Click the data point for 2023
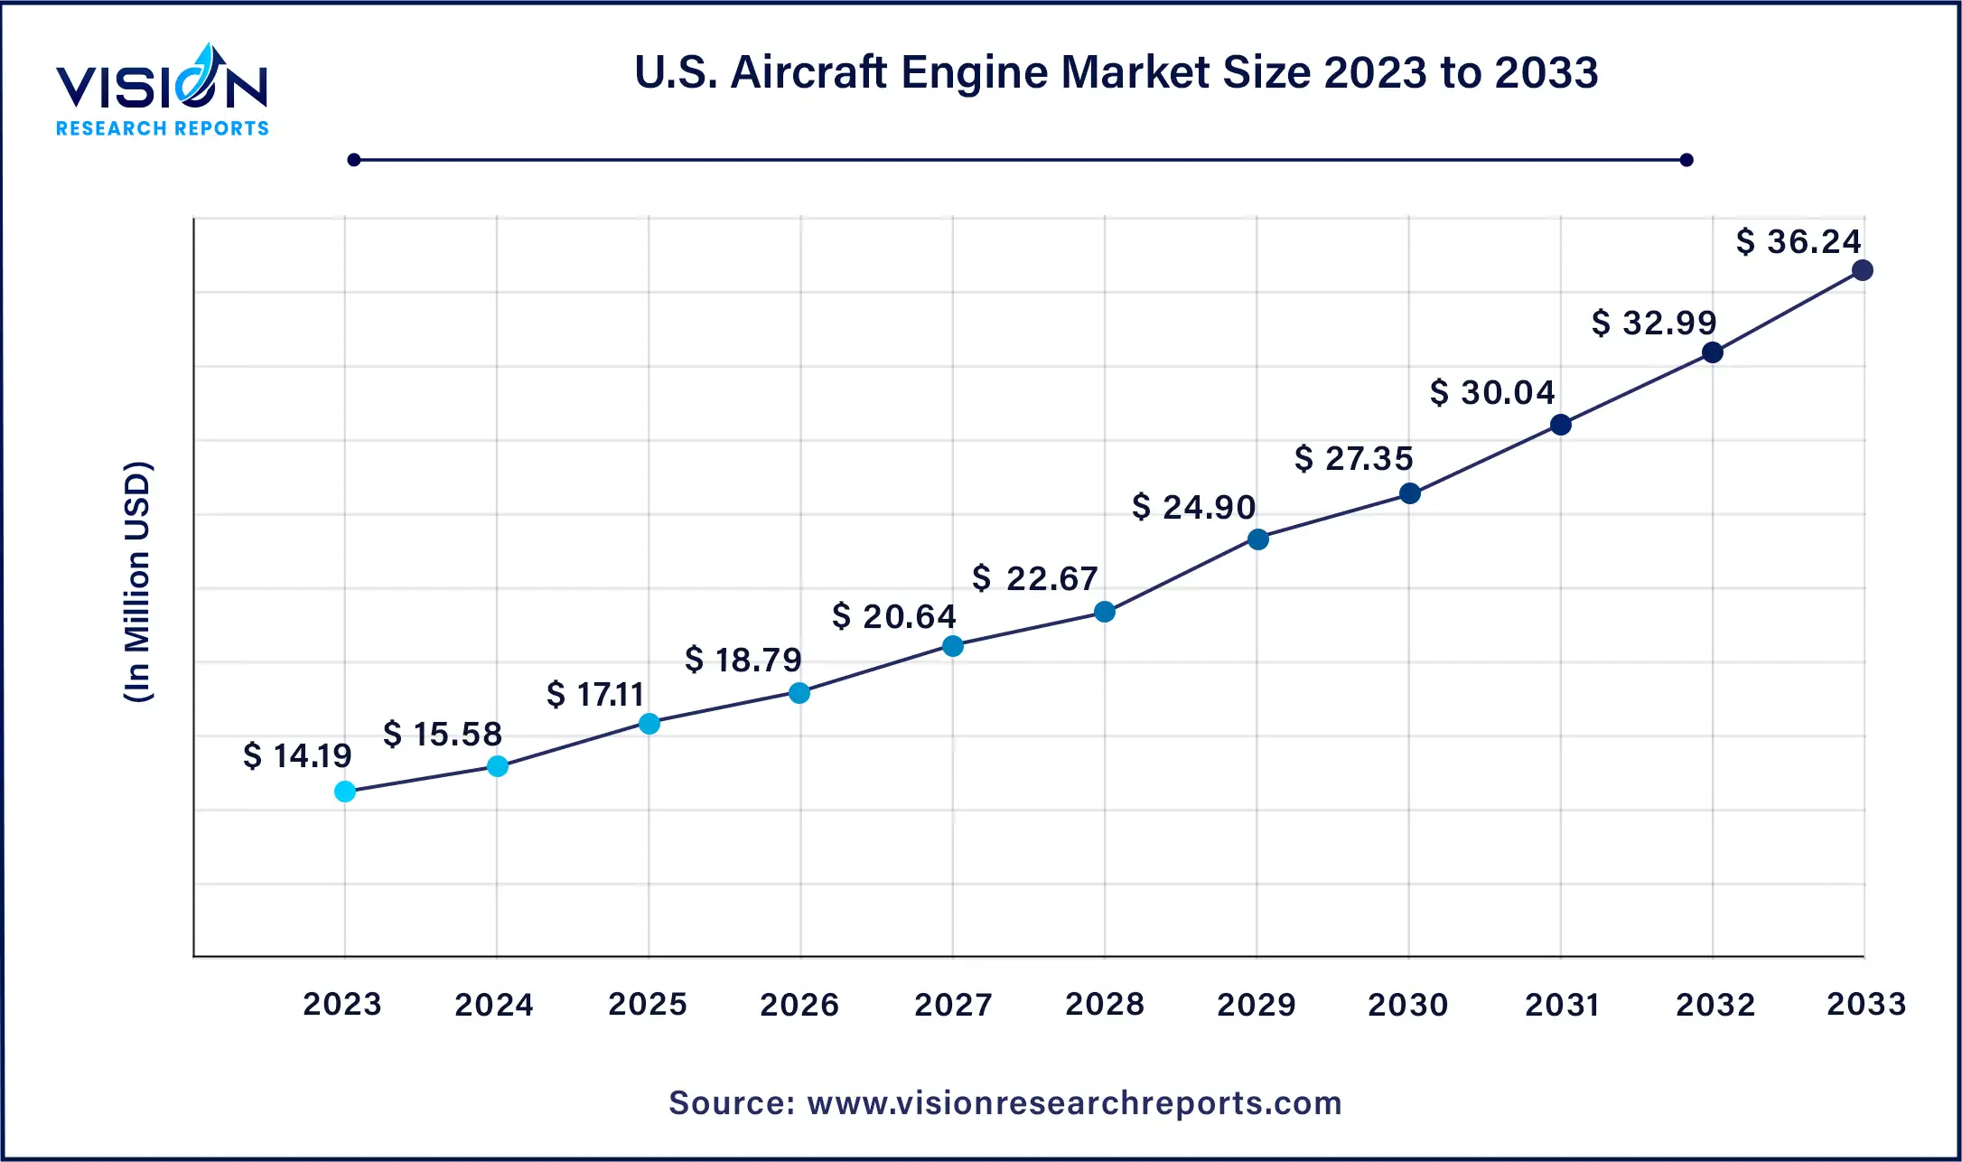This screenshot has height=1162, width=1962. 345,792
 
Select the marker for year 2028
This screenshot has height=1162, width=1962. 1105,612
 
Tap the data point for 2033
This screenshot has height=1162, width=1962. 1862,270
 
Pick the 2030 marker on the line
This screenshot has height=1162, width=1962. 1409,493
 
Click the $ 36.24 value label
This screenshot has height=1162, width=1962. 1798,241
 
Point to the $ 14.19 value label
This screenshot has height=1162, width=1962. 297,755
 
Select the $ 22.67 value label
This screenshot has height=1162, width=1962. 1034,578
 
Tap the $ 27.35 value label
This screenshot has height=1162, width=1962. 1353,458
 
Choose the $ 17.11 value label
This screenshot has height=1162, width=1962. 595,694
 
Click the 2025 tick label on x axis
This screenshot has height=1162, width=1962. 648,1004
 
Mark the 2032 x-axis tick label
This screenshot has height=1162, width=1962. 1715,1004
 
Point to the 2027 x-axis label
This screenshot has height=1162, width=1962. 953,1004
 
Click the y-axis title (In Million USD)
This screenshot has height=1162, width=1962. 137,582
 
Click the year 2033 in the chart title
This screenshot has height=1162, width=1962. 1546,72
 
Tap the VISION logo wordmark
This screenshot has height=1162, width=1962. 162,86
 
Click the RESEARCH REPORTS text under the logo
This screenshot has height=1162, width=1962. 163,128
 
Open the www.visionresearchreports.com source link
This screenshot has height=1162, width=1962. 1074,1103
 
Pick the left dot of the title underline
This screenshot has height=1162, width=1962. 354,160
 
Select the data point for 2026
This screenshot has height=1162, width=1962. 799,693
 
